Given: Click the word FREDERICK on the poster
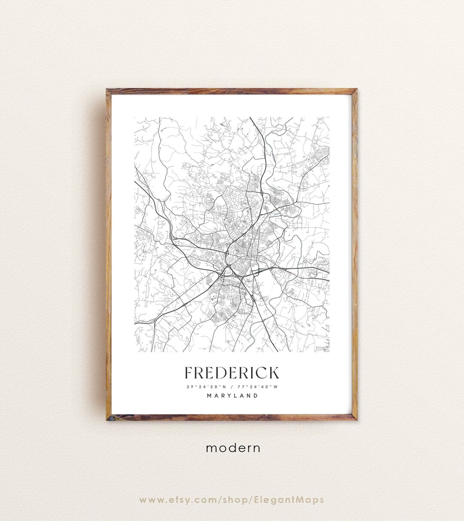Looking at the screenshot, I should point(232,373).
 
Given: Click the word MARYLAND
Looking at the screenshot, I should point(232,395).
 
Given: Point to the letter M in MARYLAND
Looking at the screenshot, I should point(209,395).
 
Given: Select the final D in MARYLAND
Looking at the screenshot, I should point(256,395).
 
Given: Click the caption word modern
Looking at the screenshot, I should point(233,448).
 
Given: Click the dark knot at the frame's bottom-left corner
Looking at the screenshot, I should point(110,417).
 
